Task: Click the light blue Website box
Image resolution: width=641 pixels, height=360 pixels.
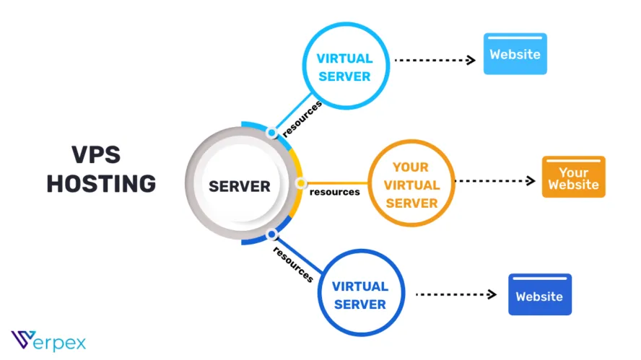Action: click(x=515, y=54)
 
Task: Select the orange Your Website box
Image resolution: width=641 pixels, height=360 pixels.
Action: click(x=574, y=177)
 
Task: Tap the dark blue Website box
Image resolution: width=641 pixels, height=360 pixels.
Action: click(x=540, y=294)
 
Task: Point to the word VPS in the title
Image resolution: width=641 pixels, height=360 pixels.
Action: click(x=96, y=154)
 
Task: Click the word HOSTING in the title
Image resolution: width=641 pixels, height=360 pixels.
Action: click(x=101, y=183)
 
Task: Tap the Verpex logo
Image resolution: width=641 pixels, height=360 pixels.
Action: click(x=48, y=341)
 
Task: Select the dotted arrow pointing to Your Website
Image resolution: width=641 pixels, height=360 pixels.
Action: click(x=495, y=180)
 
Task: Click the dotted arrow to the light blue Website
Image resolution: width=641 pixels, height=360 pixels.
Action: click(x=435, y=60)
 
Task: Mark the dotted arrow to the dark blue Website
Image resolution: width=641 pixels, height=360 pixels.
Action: click(x=455, y=294)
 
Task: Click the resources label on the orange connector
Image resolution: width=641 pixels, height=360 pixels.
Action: click(x=335, y=192)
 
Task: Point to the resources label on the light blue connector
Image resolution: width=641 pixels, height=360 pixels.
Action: click(x=302, y=119)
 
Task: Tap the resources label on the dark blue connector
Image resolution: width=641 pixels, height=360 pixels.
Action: click(x=293, y=264)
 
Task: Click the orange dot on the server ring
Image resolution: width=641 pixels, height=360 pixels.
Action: click(x=301, y=183)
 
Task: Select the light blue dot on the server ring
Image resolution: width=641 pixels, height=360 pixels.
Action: click(x=271, y=133)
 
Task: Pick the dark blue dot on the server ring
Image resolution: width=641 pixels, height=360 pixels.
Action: click(x=271, y=234)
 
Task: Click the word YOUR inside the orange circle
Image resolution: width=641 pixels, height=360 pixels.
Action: click(x=411, y=167)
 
